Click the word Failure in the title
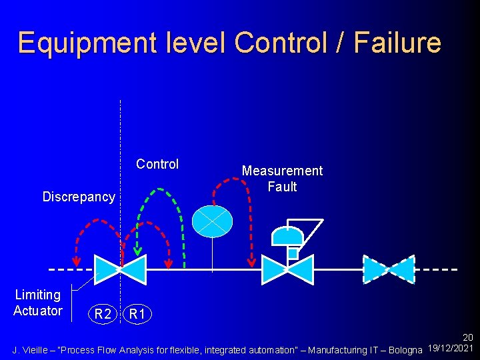coord(397,43)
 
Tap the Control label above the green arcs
coord(157,164)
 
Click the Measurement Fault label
coord(282,179)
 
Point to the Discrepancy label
coord(79,197)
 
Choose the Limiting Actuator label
coord(38,303)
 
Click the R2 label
coord(102,314)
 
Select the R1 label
coord(137,314)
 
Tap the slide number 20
coord(468,339)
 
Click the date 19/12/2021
coord(451,349)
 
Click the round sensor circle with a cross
coord(212,221)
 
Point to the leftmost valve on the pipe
coord(120,269)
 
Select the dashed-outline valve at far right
coord(389,269)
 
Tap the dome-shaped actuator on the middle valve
coord(288,236)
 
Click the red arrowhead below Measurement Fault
coord(253,261)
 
